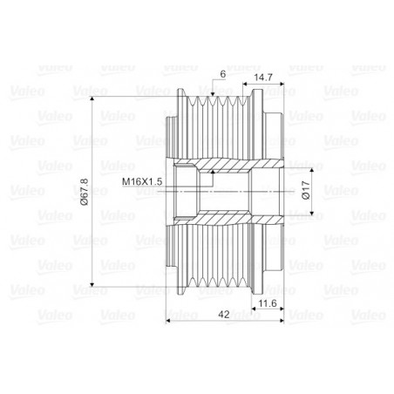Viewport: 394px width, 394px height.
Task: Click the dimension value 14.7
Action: pos(263,78)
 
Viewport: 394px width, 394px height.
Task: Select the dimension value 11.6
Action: pos(268,303)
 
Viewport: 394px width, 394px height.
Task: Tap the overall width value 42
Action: pos(224,315)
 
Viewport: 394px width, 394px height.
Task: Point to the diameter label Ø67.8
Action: pos(85,192)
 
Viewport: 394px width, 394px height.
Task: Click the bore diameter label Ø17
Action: pos(306,190)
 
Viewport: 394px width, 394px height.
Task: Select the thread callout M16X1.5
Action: pos(142,182)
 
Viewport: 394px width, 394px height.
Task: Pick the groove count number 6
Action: pos(223,74)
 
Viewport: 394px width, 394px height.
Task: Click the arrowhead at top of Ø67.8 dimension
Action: pos(92,99)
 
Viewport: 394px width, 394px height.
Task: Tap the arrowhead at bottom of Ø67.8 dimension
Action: pos(92,284)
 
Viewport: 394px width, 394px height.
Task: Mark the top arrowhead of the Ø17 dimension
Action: pos(312,171)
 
